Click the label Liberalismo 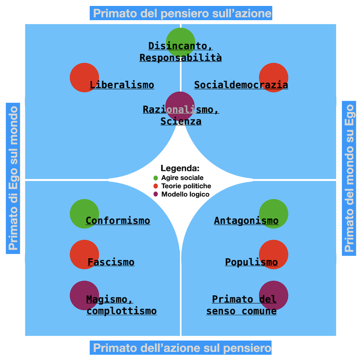tap(122, 85)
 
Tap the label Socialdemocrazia tap(241, 85)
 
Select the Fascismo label tap(111, 262)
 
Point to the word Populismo tap(251, 262)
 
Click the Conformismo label tap(118, 221)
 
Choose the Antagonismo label tap(246, 221)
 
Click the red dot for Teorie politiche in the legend tap(156, 186)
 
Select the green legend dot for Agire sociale tap(156, 178)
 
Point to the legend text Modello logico tap(185, 194)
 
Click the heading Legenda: tap(180, 168)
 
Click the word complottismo tap(122, 311)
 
